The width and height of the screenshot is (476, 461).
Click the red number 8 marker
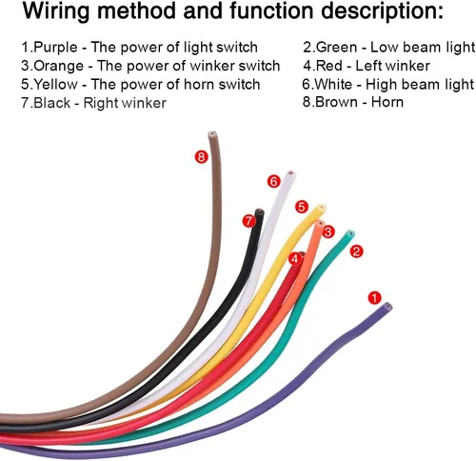tap(201, 157)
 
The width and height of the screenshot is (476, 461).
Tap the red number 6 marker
tap(273, 182)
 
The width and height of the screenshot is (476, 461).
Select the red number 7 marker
tap(248, 221)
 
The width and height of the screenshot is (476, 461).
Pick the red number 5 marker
tap(302, 207)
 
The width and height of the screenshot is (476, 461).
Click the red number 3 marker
tap(328, 231)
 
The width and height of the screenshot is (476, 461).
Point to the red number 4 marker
tap(295, 259)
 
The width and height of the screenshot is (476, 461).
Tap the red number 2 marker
tap(356, 251)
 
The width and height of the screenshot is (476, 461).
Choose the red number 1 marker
tap(374, 298)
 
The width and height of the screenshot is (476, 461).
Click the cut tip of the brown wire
tap(213, 134)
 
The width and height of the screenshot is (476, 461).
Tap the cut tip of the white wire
tap(291, 174)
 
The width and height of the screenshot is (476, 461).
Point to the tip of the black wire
tap(260, 211)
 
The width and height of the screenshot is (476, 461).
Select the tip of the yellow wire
tap(321, 208)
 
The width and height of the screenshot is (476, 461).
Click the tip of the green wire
tap(350, 234)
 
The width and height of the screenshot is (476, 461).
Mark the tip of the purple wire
tap(387, 307)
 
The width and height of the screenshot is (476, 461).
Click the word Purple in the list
tap(55, 48)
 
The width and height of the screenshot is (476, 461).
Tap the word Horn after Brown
tap(387, 102)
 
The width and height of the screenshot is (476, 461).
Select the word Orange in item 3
tap(59, 67)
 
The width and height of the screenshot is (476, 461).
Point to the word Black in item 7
tap(51, 103)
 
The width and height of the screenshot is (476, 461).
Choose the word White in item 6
tap(334, 85)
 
